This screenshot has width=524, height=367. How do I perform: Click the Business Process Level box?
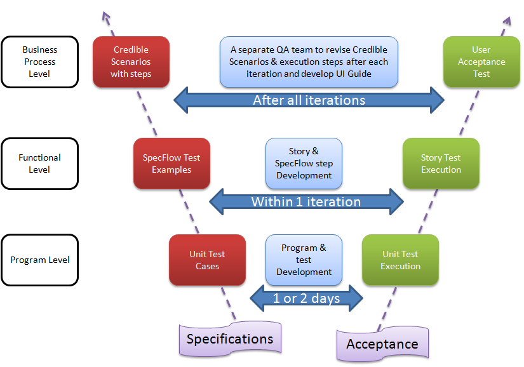pyautogui.click(x=40, y=62)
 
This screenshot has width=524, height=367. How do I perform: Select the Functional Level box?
pyautogui.click(x=40, y=164)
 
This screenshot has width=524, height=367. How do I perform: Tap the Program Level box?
pyautogui.click(x=40, y=260)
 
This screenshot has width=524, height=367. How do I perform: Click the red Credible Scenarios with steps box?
pyautogui.click(x=131, y=62)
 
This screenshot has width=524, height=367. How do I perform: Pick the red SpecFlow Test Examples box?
pyautogui.click(x=171, y=164)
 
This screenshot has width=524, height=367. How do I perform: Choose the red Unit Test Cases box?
pyautogui.click(x=207, y=260)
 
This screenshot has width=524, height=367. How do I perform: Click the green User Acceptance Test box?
pyautogui.click(x=481, y=62)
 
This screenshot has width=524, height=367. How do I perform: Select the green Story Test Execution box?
pyautogui.click(x=441, y=164)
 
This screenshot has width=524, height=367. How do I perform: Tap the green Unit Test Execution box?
pyautogui.click(x=400, y=260)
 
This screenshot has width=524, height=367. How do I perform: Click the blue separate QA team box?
pyautogui.click(x=309, y=62)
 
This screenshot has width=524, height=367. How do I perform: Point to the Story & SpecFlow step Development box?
pyautogui.click(x=304, y=164)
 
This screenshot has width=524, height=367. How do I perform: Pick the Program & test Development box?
pyautogui.click(x=304, y=260)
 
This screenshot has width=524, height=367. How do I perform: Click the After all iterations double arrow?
pyautogui.click(x=309, y=100)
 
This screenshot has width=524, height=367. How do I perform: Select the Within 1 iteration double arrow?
pyautogui.click(x=306, y=202)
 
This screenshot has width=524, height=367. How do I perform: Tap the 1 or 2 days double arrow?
pyautogui.click(x=306, y=298)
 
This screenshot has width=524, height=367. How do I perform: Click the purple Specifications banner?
pyautogui.click(x=230, y=339)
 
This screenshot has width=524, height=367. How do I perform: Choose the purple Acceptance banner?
pyautogui.click(x=382, y=344)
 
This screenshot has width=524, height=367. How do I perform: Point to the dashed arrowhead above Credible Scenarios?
pyautogui.click(x=105, y=16)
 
